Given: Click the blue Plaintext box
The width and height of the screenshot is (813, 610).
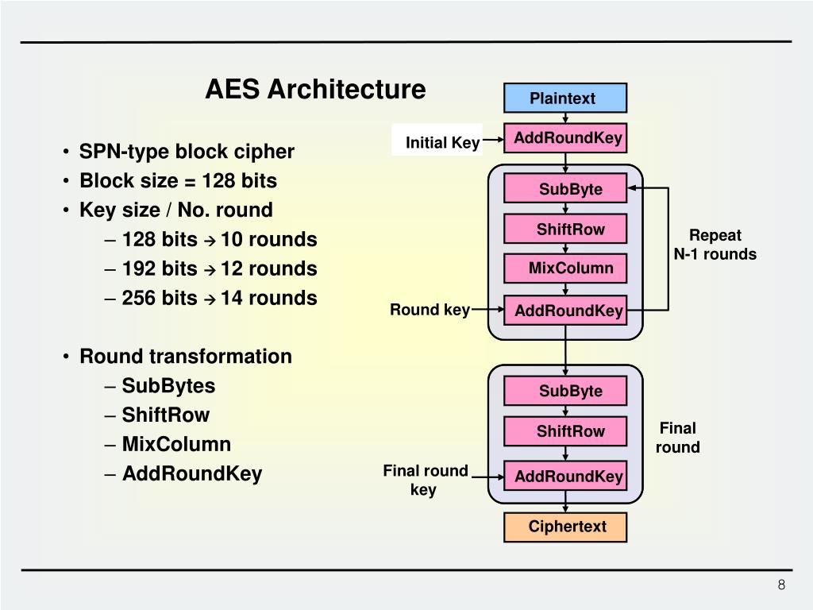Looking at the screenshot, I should click(x=564, y=98).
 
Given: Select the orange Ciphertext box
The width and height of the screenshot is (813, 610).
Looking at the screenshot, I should click(x=564, y=527).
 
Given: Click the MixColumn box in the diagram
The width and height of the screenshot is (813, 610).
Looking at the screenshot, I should click(x=564, y=268).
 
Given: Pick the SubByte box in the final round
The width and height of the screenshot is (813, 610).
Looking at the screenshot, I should click(x=564, y=391).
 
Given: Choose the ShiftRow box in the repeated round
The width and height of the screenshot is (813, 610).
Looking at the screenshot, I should click(x=564, y=230).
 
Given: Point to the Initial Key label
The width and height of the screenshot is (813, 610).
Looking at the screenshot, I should click(x=442, y=143).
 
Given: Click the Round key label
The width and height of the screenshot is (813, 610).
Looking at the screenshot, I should click(x=429, y=310).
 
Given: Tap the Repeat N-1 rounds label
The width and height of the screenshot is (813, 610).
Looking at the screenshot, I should click(x=715, y=245).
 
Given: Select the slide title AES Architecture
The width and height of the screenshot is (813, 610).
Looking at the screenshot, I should click(x=315, y=89).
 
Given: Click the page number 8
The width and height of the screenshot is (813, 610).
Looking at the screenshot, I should click(x=781, y=585).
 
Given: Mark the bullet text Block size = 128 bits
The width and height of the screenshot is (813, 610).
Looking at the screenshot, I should click(x=178, y=181).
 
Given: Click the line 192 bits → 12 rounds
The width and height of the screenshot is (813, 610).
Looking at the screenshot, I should click(x=219, y=269).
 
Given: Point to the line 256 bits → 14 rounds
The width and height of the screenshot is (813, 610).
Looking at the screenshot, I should click(x=219, y=299).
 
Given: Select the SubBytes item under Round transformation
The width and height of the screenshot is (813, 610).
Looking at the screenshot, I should click(x=168, y=386).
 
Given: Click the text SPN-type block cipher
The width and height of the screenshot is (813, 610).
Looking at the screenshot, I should click(x=187, y=152).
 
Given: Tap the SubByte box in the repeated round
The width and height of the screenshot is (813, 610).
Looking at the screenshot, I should click(x=564, y=189).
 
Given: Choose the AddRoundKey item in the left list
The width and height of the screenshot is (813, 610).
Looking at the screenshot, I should click(x=192, y=474).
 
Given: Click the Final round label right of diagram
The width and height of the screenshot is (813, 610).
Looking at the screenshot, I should click(x=677, y=438).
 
